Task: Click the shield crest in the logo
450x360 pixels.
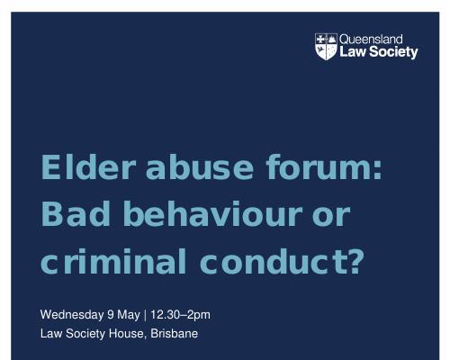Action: (x=326, y=47)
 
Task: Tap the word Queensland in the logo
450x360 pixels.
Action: (x=371, y=40)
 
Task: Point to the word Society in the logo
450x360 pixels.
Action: (x=393, y=52)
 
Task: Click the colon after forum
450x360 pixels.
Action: (x=378, y=170)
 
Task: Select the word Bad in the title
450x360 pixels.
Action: (x=76, y=213)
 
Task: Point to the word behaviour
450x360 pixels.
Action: (x=212, y=213)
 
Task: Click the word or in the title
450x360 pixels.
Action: (x=331, y=217)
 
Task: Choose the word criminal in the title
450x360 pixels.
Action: (x=113, y=261)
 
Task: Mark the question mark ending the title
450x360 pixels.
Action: (x=356, y=261)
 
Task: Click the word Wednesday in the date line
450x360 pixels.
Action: (x=72, y=315)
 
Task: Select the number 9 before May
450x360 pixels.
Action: (x=111, y=315)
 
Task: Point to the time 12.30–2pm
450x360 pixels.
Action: (x=180, y=315)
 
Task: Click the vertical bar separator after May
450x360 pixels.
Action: (x=145, y=315)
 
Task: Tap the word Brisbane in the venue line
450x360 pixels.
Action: (x=175, y=334)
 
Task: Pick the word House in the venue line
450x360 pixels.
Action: (x=128, y=334)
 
